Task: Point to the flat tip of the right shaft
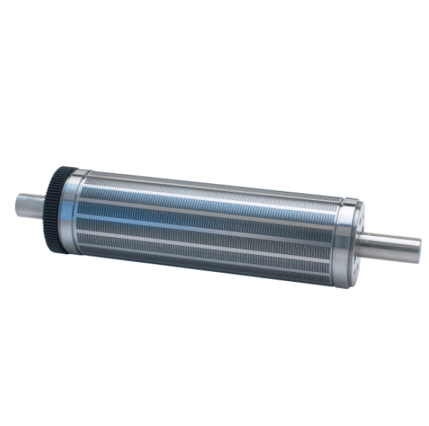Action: pos(421,246)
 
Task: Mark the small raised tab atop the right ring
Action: pos(356,202)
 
